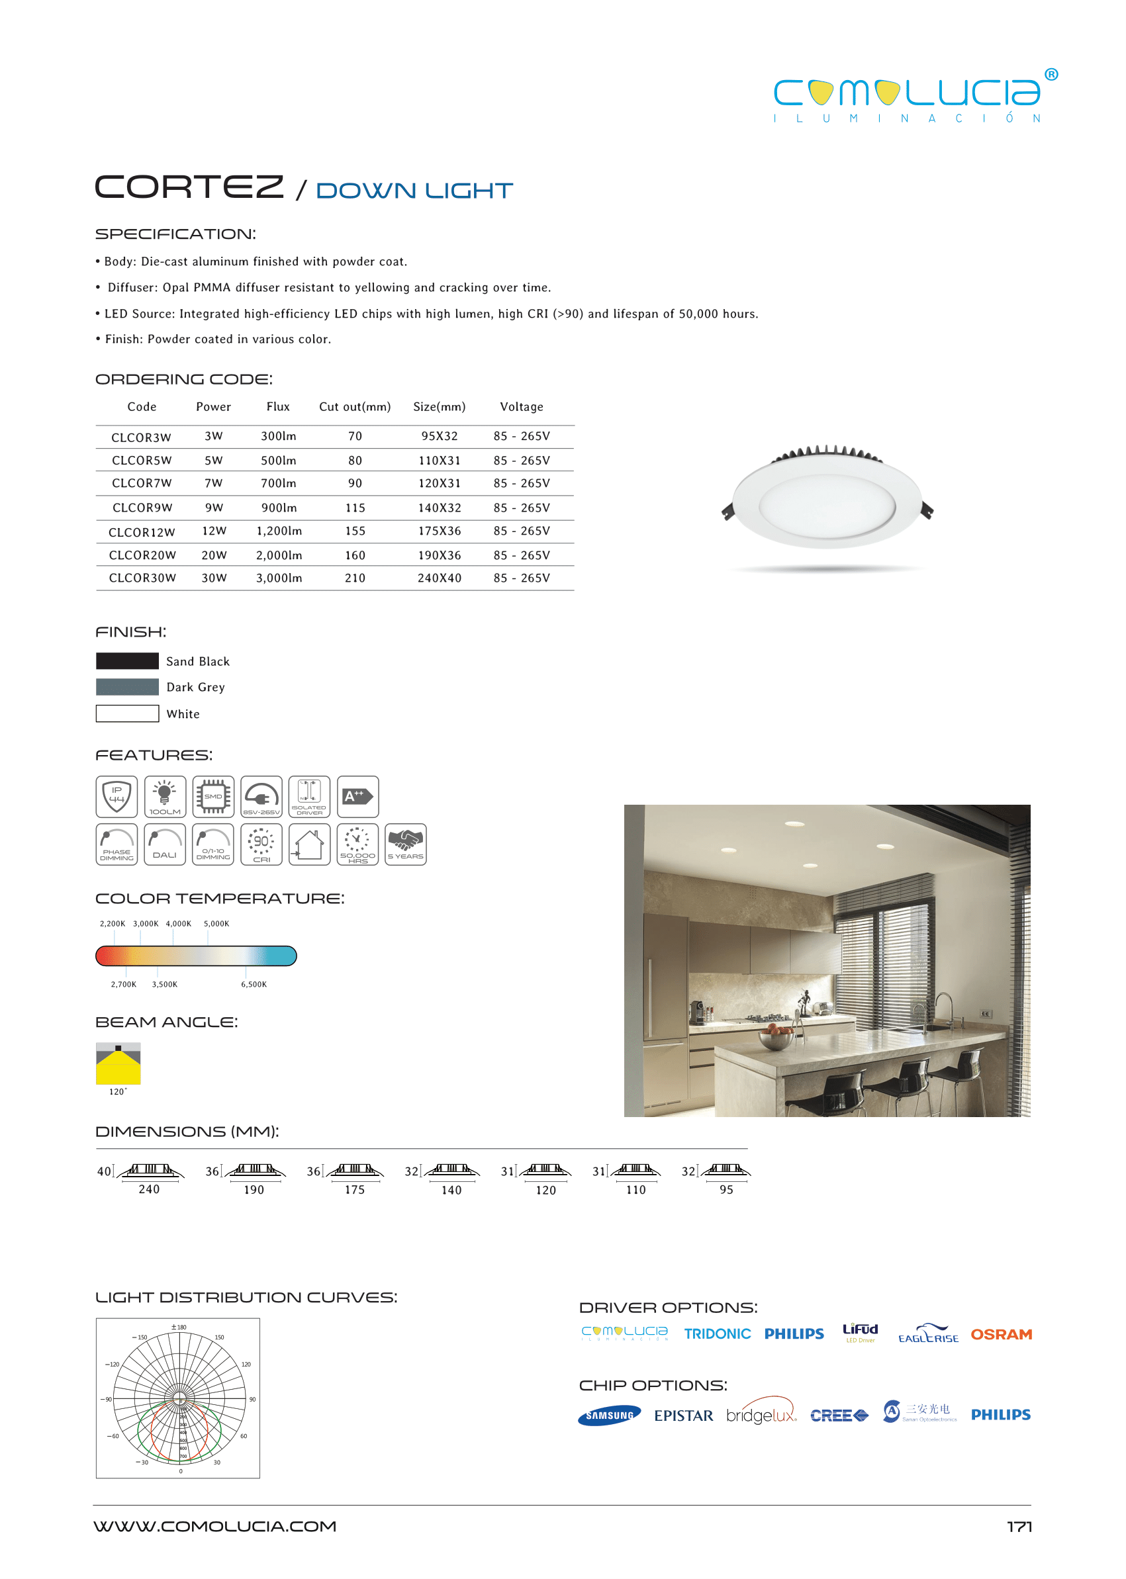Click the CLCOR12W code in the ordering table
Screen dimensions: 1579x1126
[x=142, y=532]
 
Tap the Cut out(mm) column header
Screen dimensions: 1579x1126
[x=354, y=407]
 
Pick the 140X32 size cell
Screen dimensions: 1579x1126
[x=439, y=508]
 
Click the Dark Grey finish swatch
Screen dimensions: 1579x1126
[x=128, y=687]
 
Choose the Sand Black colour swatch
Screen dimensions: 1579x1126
[x=128, y=660]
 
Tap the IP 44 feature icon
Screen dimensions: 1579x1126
[x=117, y=796]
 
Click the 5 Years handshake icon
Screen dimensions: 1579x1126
[x=406, y=844]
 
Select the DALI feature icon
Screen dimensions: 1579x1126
[x=165, y=844]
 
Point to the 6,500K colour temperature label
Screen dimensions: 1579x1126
[x=254, y=984]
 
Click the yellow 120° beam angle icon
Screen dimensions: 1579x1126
[x=118, y=1063]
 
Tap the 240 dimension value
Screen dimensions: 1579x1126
[x=149, y=1189]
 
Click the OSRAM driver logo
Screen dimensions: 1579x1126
[x=1000, y=1334]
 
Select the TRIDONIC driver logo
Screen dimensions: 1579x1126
[x=717, y=1334]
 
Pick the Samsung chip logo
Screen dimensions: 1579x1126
[x=609, y=1416]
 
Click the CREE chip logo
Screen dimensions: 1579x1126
[x=839, y=1416]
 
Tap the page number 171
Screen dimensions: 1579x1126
[x=1019, y=1527]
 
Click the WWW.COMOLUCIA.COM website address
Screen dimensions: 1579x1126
[x=215, y=1526]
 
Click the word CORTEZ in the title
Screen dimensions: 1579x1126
[x=189, y=187]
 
